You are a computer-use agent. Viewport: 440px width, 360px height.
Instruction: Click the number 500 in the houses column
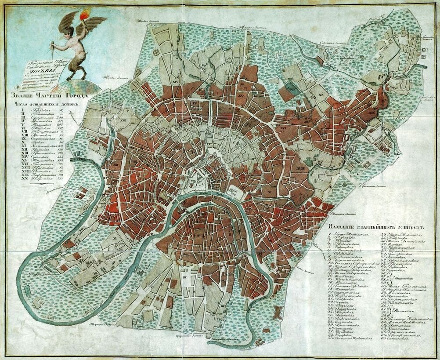click(x=61, y=117)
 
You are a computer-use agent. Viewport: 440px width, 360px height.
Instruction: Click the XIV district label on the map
click(x=177, y=82)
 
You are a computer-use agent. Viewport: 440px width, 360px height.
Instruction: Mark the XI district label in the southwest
click(x=115, y=237)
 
